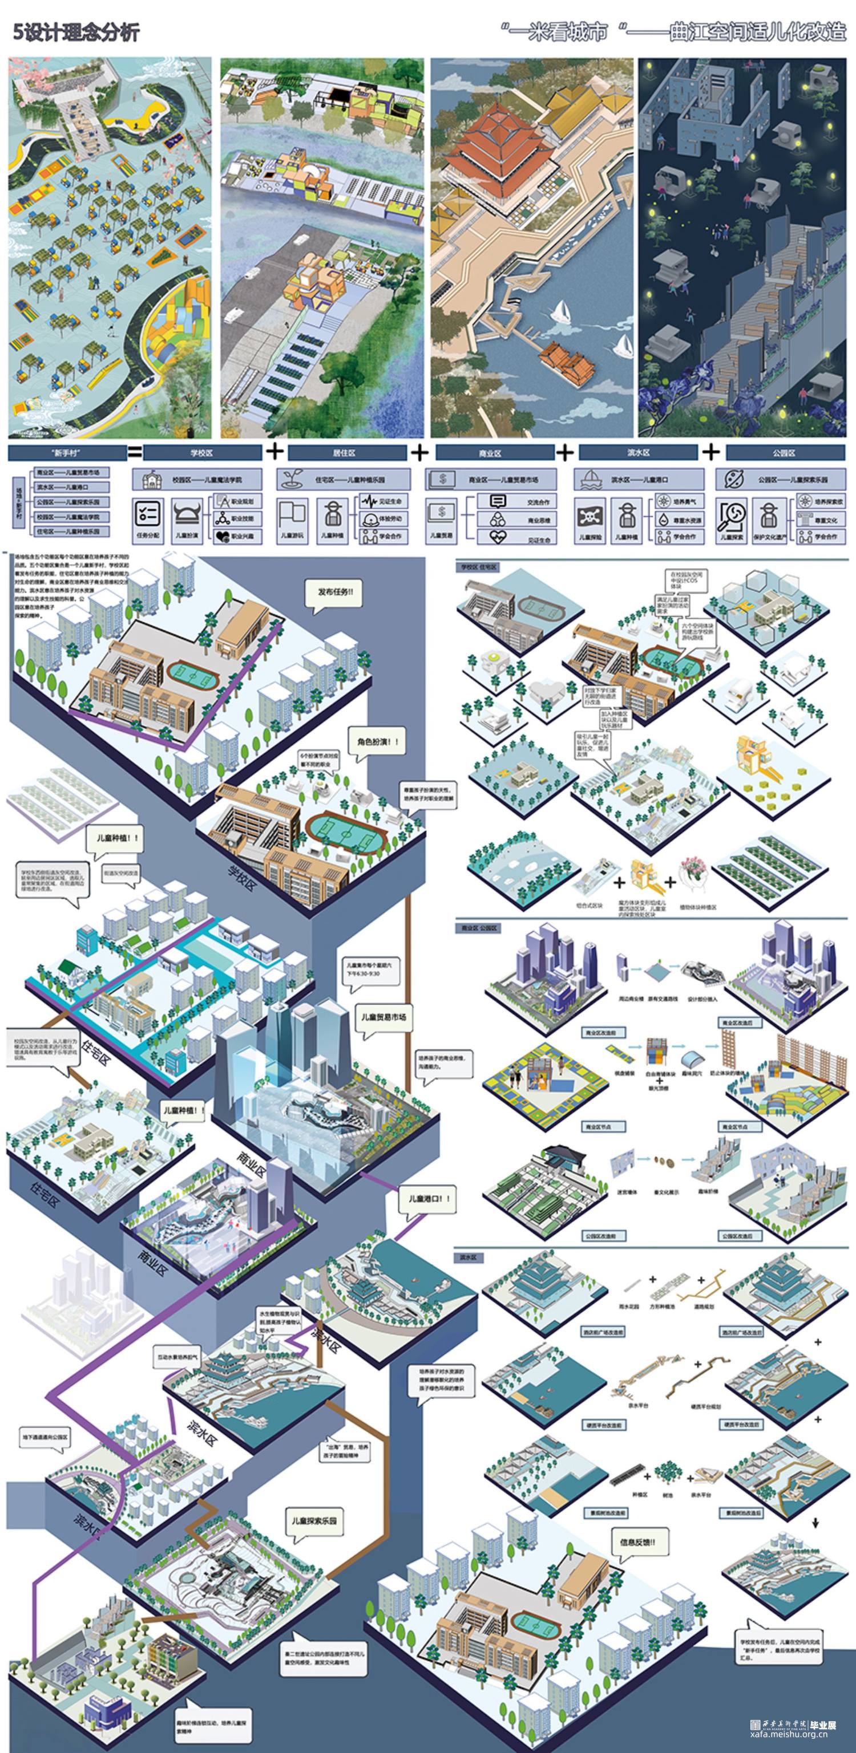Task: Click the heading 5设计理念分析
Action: click(76, 32)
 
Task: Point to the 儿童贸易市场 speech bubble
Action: click(384, 1017)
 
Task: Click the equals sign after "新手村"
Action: click(135, 451)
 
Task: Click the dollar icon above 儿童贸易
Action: click(443, 511)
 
